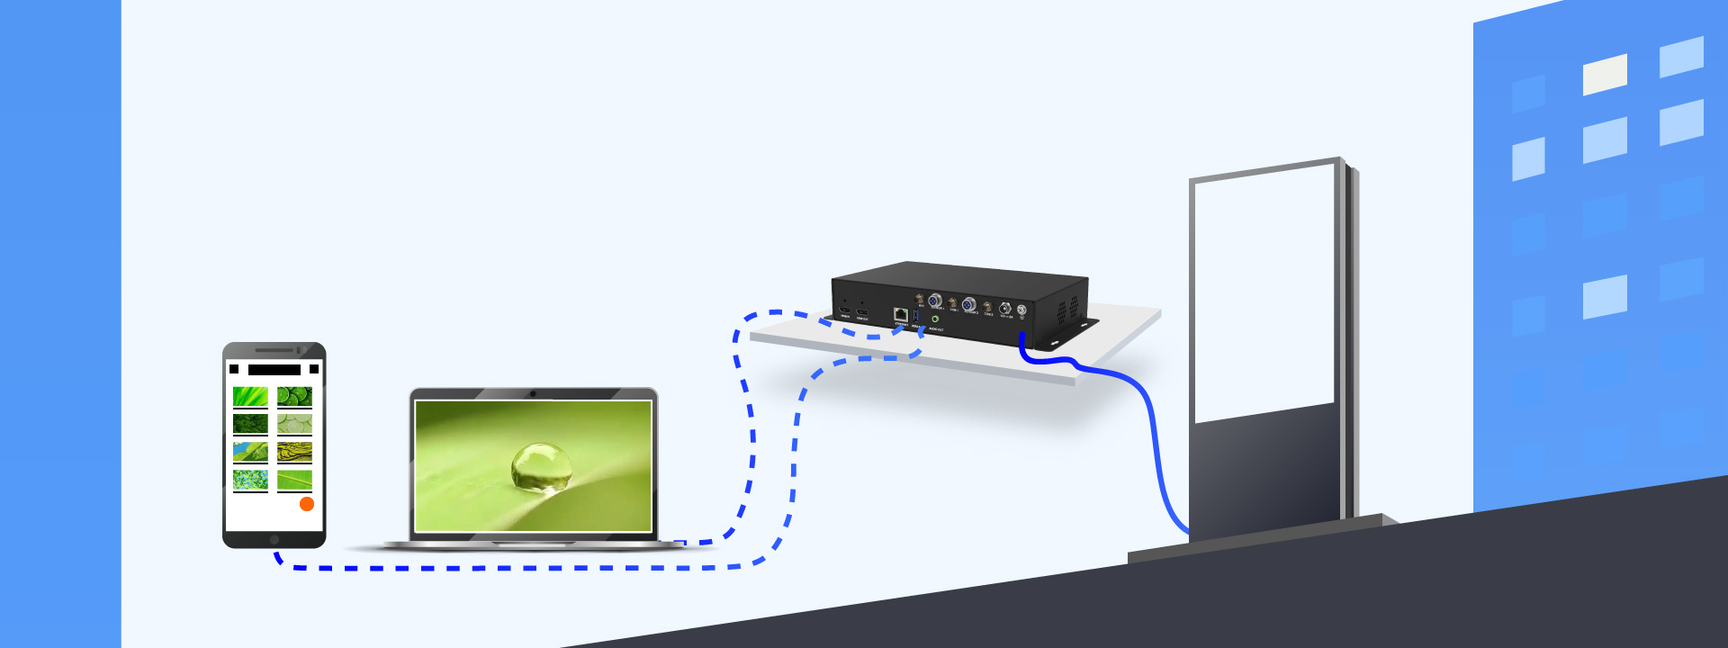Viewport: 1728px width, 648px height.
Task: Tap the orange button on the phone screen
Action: [307, 504]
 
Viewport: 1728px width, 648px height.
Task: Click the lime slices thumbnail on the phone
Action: [294, 396]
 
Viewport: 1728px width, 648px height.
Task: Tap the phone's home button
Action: [274, 539]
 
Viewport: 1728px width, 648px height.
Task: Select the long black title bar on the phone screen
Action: [274, 369]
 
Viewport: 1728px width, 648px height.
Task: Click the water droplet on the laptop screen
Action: [541, 467]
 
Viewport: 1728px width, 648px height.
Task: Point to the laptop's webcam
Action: [533, 393]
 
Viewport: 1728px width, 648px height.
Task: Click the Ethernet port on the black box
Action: [900, 313]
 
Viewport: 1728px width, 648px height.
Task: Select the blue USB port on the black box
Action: [916, 316]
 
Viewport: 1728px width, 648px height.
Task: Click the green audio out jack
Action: [935, 319]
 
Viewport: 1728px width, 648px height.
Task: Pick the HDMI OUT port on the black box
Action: [862, 311]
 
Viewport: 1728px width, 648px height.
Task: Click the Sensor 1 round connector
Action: [935, 300]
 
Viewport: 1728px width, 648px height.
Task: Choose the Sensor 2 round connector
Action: [969, 304]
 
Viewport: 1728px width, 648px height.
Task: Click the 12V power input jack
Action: [1004, 309]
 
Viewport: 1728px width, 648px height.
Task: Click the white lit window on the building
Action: [1605, 74]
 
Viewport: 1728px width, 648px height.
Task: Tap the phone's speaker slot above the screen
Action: [274, 350]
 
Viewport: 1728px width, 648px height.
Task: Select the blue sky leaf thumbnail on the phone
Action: [250, 451]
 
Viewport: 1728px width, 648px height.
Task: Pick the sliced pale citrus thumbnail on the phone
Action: [294, 423]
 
